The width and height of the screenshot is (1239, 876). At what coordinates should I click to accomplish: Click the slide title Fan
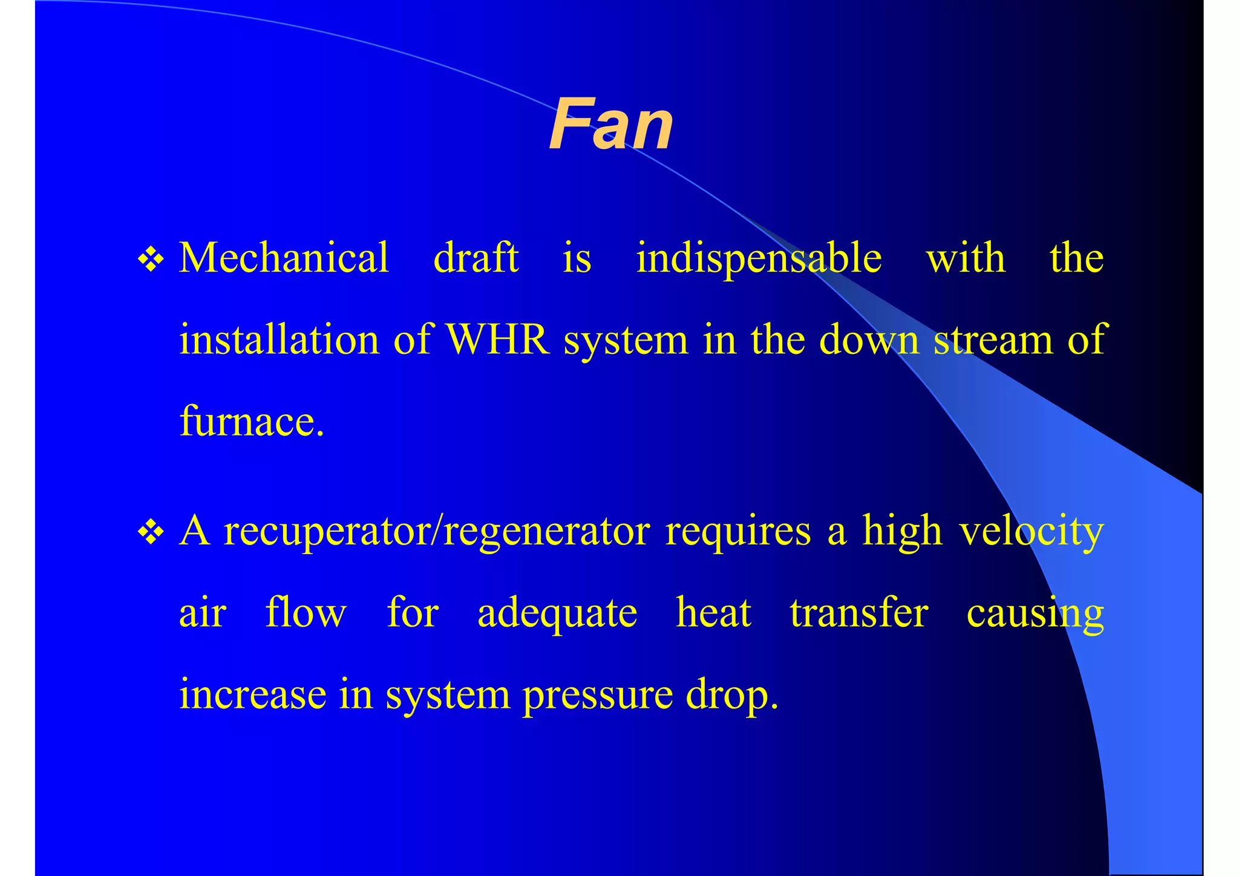[610, 125]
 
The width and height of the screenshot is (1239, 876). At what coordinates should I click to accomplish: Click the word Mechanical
[284, 258]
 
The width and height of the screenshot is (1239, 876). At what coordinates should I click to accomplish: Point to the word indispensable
[759, 259]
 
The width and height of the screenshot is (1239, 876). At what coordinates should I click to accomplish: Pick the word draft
[476, 258]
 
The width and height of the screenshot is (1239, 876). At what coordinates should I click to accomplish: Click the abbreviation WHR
[497, 339]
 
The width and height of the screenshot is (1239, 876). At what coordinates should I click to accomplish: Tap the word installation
[279, 339]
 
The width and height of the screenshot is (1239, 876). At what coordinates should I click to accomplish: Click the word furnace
[252, 421]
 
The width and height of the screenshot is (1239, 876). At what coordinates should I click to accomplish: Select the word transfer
[858, 613]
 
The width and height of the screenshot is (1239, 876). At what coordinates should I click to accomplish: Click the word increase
[252, 695]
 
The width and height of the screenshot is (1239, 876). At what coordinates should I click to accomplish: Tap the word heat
[713, 613]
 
